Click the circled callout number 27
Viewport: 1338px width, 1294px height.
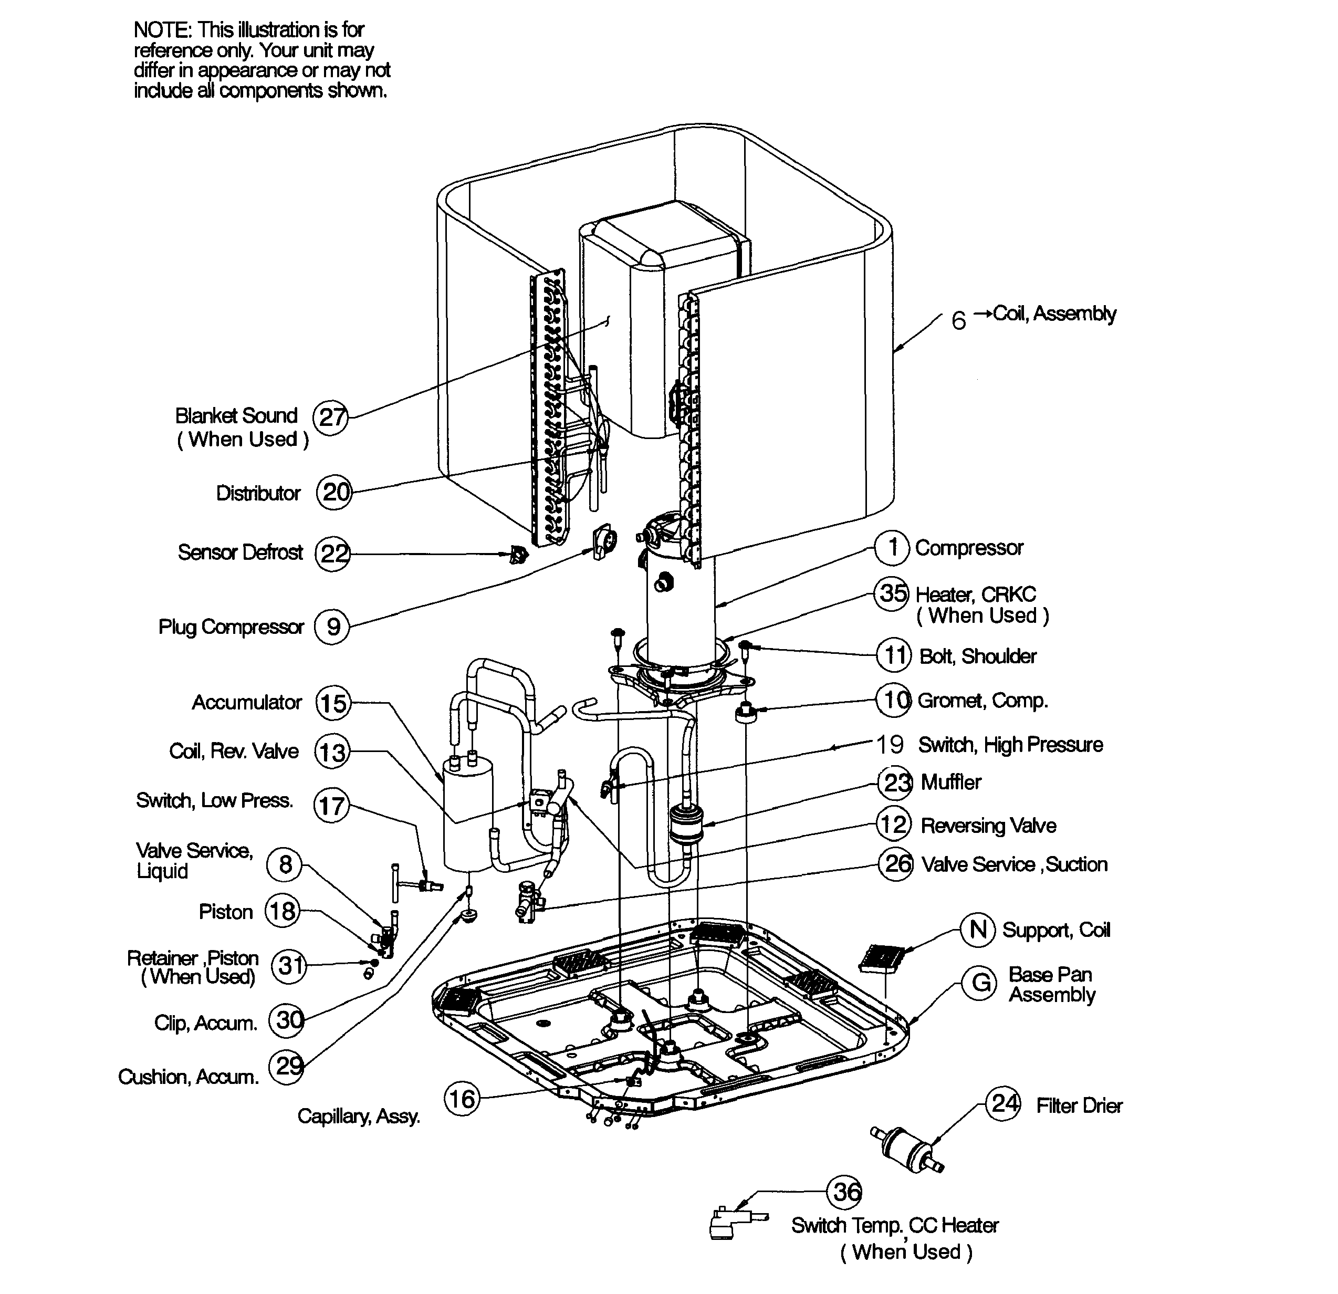point(330,417)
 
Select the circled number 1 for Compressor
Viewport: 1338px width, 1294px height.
point(892,548)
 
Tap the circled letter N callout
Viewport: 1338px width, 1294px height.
point(978,930)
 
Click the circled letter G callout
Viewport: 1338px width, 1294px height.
point(980,983)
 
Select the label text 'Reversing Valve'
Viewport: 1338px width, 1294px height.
point(988,826)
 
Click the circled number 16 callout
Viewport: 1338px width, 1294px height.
point(462,1099)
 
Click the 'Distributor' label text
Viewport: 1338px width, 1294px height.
point(258,493)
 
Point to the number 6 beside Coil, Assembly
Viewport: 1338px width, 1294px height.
point(958,320)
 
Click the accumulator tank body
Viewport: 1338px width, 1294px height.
point(469,819)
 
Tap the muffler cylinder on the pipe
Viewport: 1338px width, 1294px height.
point(687,825)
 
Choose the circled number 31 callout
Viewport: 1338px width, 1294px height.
point(289,966)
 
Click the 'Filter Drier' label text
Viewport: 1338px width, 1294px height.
point(1079,1105)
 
